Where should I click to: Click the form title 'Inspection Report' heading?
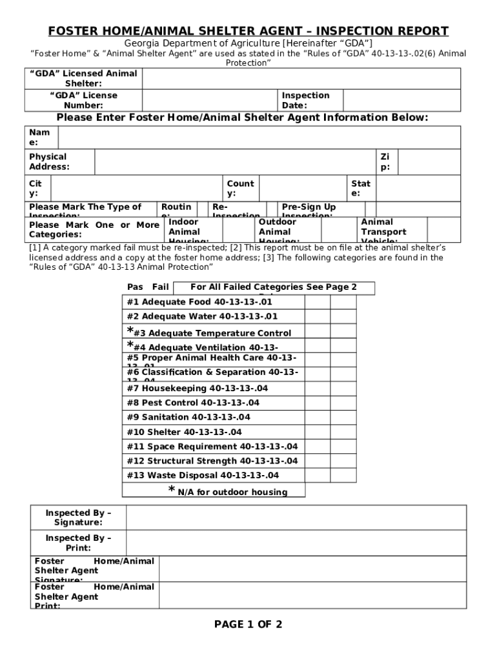pyautogui.click(x=249, y=31)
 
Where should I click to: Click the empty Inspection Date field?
pyautogui.click(x=401, y=100)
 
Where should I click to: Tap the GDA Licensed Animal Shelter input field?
pyautogui.click(x=301, y=78)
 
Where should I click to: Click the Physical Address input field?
pyautogui.click(x=235, y=162)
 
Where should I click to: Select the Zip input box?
pyautogui.click(x=429, y=162)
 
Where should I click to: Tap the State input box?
pyautogui.click(x=416, y=188)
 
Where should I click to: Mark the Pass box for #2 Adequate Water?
pyautogui.click(x=318, y=316)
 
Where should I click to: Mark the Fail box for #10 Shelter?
pyautogui.click(x=343, y=432)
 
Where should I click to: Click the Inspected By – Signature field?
pyautogui.click(x=296, y=517)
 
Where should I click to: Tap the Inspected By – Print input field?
pyautogui.click(x=296, y=543)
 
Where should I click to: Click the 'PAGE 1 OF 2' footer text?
pyautogui.click(x=249, y=624)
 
